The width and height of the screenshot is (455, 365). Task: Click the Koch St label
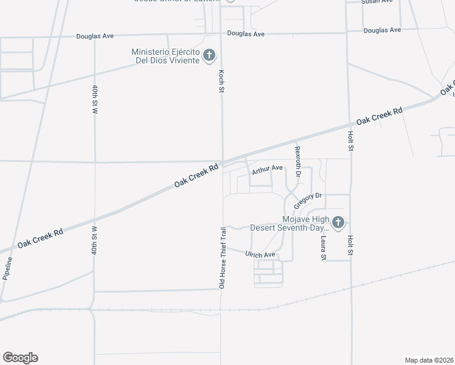pos(222,81)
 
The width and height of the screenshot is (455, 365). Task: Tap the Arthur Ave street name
pos(268,168)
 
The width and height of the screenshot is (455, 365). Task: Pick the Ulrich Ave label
pos(260,254)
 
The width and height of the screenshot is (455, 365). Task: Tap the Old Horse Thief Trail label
pos(223,257)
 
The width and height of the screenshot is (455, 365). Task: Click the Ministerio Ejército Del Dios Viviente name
pos(165,57)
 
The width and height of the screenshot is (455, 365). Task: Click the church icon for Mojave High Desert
pos(339,223)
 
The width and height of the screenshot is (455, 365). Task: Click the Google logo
pos(20,358)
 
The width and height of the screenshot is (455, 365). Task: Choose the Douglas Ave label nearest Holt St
pos(382,30)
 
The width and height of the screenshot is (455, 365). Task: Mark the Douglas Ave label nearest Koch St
pos(246,34)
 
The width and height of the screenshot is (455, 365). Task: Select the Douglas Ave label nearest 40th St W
pos(95,36)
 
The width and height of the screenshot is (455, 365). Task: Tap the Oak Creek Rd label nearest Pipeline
pos(40,238)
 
